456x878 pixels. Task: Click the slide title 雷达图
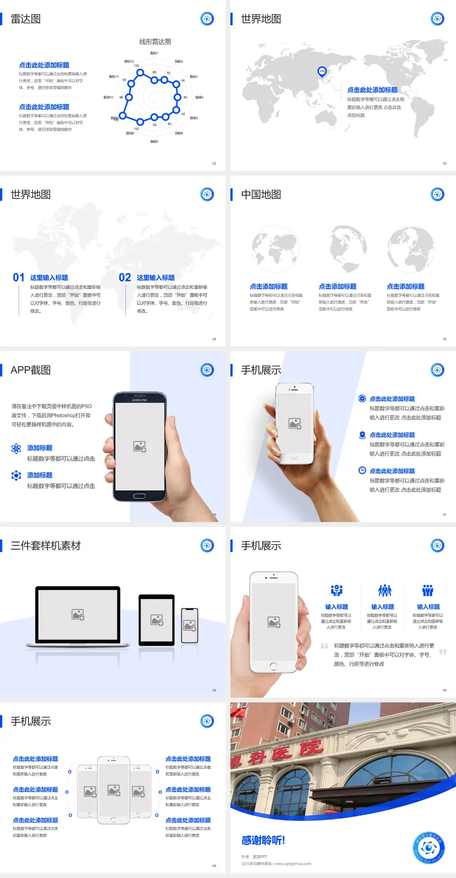26,19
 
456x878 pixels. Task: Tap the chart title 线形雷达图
155,42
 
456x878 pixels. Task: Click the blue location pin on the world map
322,72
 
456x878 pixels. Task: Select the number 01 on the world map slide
19,278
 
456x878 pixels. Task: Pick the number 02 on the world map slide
125,278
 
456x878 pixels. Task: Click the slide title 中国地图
261,195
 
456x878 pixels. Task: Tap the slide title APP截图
31,370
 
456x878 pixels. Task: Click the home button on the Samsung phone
139,496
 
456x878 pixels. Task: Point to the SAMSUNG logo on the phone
140,400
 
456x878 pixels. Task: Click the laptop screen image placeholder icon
78,615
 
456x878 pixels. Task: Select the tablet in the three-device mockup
157,620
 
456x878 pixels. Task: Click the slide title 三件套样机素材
46,546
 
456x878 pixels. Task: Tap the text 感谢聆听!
263,841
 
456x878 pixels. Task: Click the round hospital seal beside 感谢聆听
429,848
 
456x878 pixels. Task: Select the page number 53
445,164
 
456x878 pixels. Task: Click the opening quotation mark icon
324,646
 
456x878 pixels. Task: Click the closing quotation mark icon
443,652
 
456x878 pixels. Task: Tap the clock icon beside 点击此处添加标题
362,470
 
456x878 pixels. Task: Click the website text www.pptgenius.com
293,864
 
